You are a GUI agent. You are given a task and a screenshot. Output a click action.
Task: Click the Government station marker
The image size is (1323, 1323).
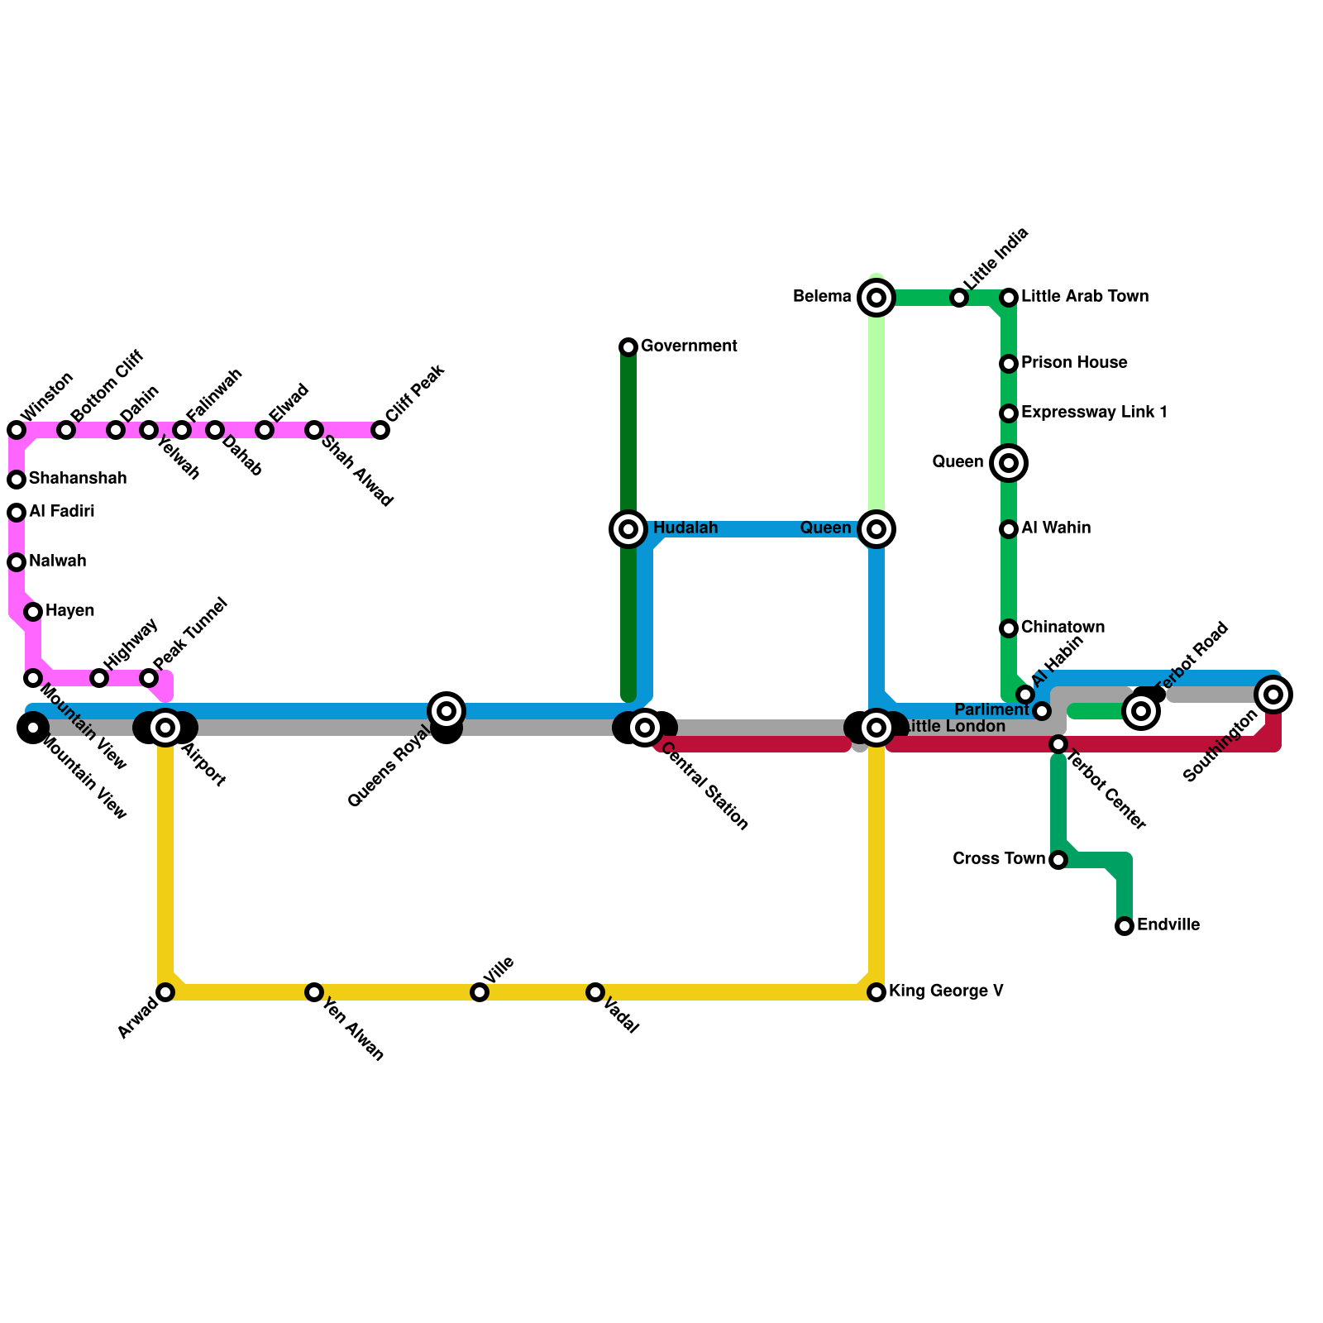(x=628, y=347)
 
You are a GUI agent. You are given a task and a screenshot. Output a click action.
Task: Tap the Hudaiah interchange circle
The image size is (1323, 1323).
(x=628, y=529)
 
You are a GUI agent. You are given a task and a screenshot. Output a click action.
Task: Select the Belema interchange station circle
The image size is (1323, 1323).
(x=876, y=298)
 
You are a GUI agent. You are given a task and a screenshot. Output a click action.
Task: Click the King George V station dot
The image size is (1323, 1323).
(x=876, y=992)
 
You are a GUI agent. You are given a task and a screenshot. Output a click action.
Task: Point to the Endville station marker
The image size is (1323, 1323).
(x=1125, y=926)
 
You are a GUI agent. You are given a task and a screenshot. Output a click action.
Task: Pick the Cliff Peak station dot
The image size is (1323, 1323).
(x=380, y=430)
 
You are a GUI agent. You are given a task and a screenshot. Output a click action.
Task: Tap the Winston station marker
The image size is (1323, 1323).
(x=17, y=430)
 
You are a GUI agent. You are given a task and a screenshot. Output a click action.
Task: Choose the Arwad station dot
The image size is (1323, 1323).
(x=165, y=992)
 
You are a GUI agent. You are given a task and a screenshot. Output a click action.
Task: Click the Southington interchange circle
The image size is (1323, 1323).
(x=1273, y=695)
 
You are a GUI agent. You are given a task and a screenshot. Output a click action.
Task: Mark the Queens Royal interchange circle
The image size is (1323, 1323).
(x=447, y=711)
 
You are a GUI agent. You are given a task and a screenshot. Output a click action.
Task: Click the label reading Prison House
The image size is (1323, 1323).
(x=1074, y=363)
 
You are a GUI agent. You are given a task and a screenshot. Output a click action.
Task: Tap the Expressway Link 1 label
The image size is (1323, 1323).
(x=1094, y=413)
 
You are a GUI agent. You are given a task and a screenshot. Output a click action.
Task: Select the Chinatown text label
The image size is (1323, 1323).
(x=1063, y=628)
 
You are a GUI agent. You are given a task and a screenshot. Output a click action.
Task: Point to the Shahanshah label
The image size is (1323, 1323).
(x=78, y=479)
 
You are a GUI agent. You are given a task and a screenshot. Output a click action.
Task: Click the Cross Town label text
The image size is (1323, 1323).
(x=998, y=859)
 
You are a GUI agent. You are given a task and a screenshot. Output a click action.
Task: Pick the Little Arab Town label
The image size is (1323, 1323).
(x=1085, y=297)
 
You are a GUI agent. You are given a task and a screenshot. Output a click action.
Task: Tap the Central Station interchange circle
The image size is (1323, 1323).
(x=645, y=728)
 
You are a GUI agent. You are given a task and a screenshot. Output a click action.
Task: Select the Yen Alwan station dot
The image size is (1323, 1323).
(x=314, y=992)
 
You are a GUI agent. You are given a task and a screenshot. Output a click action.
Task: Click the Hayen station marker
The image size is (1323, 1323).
(x=33, y=612)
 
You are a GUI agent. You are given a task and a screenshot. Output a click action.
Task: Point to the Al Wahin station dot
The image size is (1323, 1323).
(x=1009, y=529)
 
